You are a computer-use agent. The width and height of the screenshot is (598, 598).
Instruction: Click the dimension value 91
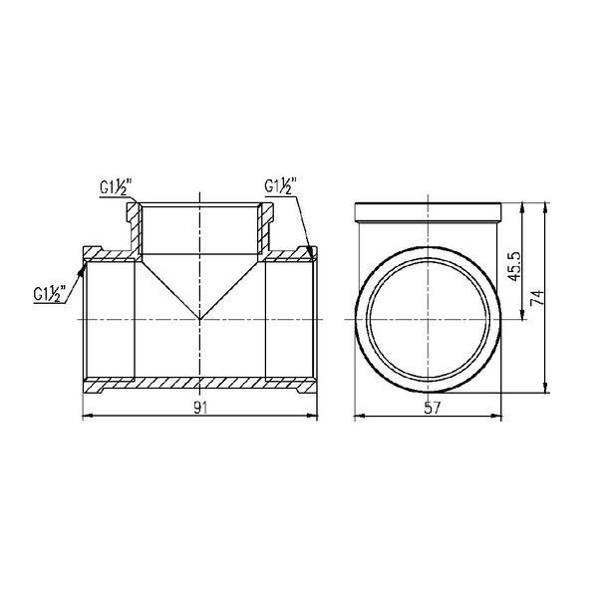click(x=200, y=408)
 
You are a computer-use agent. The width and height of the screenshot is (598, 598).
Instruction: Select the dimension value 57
click(x=432, y=408)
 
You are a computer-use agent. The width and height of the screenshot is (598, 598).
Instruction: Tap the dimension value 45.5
click(x=514, y=266)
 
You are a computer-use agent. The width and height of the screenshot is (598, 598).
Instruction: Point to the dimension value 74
click(x=537, y=297)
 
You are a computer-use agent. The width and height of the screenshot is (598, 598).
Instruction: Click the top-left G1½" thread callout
click(x=116, y=187)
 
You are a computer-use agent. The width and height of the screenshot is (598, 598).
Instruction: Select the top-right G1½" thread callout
click(x=280, y=186)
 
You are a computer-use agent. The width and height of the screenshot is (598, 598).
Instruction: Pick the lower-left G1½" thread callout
click(x=50, y=294)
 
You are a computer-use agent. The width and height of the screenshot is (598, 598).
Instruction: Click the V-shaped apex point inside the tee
click(x=200, y=319)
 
